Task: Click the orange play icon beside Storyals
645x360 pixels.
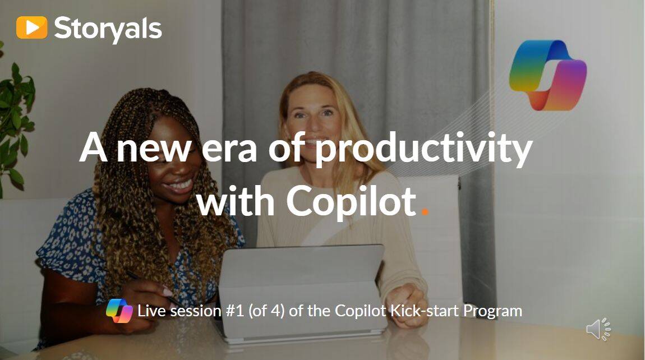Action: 31,27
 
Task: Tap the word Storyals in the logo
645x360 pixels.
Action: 108,29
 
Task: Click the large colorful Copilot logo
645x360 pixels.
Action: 548,75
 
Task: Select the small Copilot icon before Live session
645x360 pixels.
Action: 119,311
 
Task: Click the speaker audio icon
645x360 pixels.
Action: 598,329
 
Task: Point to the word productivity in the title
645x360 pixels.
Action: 423,149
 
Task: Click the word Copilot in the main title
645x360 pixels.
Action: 352,201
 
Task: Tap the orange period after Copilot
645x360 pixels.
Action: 425,212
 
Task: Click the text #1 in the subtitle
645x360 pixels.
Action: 235,311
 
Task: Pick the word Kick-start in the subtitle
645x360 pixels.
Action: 424,311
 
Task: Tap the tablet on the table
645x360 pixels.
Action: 302,293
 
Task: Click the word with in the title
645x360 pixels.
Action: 237,201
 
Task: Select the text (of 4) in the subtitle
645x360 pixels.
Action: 266,311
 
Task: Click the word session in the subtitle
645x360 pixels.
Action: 196,311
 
